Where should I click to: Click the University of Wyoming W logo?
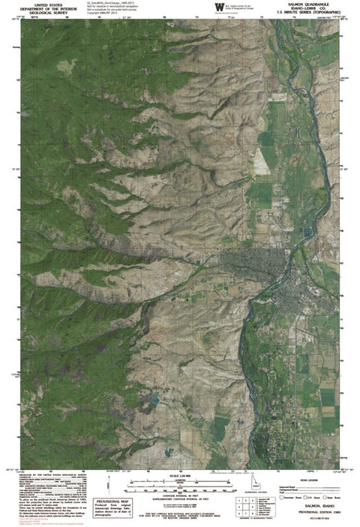219,7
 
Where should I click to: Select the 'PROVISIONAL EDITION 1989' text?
310,516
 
